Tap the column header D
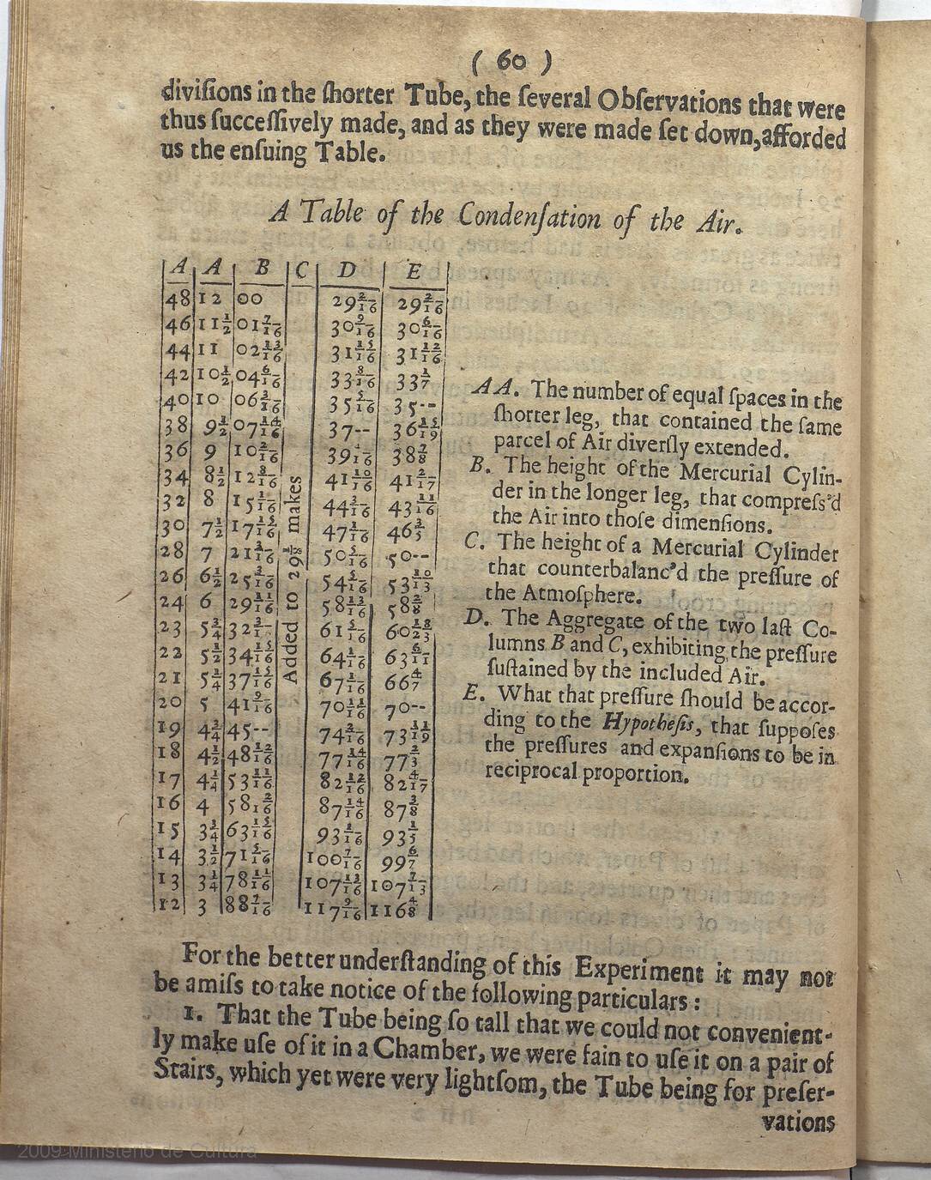click(x=348, y=271)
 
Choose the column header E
click(x=414, y=272)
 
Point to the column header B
click(x=263, y=268)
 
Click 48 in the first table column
click(x=178, y=299)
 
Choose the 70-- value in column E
click(x=412, y=710)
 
